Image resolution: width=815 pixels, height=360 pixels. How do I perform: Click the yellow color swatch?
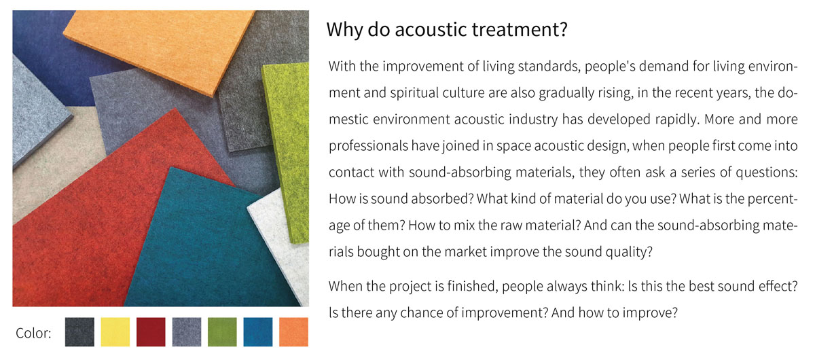pyautogui.click(x=115, y=331)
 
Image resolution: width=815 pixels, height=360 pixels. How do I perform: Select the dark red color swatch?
pyautogui.click(x=151, y=331)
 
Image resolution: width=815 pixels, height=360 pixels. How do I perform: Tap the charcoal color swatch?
pyautogui.click(x=79, y=331)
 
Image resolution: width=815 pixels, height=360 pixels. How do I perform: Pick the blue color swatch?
pyautogui.click(x=258, y=331)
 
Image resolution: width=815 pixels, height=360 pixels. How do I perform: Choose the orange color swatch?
pyautogui.click(x=293, y=331)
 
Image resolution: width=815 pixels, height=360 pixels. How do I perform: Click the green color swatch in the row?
pyautogui.click(x=222, y=331)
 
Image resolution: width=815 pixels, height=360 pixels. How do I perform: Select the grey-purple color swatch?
pyautogui.click(x=187, y=331)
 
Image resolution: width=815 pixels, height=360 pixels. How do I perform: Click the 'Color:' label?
pyautogui.click(x=33, y=333)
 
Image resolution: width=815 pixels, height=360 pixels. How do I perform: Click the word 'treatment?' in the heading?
pyautogui.click(x=520, y=29)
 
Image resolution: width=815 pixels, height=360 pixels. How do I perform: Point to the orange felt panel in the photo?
pyautogui.click(x=160, y=48)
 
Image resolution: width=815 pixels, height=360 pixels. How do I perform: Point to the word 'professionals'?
pyautogui.click(x=368, y=146)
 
